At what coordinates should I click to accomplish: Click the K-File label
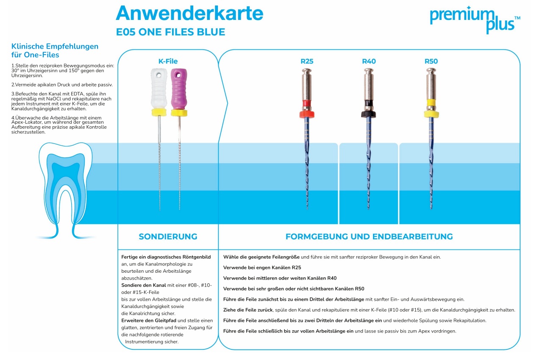[168, 61]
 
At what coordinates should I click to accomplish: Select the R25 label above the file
[307, 61]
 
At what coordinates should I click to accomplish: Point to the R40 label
[369, 61]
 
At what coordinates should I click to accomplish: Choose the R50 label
[431, 61]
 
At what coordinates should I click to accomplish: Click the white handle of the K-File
[158, 89]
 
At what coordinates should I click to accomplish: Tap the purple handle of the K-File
[178, 89]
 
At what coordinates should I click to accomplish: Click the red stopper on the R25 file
[307, 114]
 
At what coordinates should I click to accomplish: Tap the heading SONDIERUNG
[168, 237]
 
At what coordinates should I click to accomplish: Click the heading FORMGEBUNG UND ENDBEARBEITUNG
[369, 237]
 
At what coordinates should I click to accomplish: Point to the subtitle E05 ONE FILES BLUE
[170, 32]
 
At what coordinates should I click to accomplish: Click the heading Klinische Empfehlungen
[55, 47]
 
